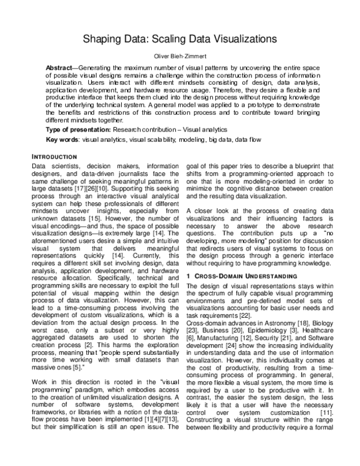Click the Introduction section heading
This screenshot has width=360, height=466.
[x=54, y=157]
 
